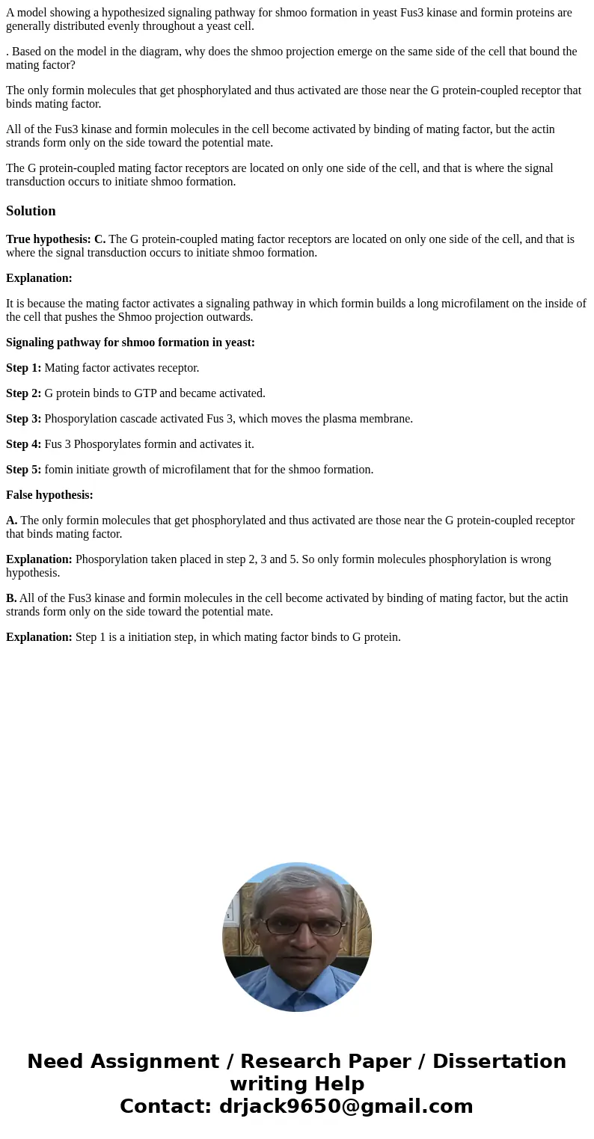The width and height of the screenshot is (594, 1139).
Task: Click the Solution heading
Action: coord(31,211)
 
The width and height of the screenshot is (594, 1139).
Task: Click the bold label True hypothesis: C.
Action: coord(55,239)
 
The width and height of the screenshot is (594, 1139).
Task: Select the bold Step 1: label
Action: coord(23,368)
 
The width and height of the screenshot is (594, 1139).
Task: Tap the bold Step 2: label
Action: coord(23,393)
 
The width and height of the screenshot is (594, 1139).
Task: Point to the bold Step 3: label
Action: coord(23,419)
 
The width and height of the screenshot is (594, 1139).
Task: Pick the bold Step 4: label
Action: coord(23,444)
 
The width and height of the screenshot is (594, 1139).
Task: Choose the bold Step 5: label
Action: coord(23,470)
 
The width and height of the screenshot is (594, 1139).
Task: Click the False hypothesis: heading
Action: coord(49,495)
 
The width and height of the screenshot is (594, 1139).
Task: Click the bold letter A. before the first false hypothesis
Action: coord(11,521)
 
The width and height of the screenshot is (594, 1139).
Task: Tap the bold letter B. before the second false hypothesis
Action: coord(11,598)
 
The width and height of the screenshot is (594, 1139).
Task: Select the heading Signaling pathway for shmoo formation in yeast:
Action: coord(130,343)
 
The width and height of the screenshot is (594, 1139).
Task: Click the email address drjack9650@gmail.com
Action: coord(346,1107)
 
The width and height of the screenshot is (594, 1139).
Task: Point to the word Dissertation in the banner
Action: coord(499,1062)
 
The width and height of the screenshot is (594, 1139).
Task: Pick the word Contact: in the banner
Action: coord(166,1107)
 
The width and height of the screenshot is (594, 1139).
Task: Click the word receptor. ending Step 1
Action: coord(177,368)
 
